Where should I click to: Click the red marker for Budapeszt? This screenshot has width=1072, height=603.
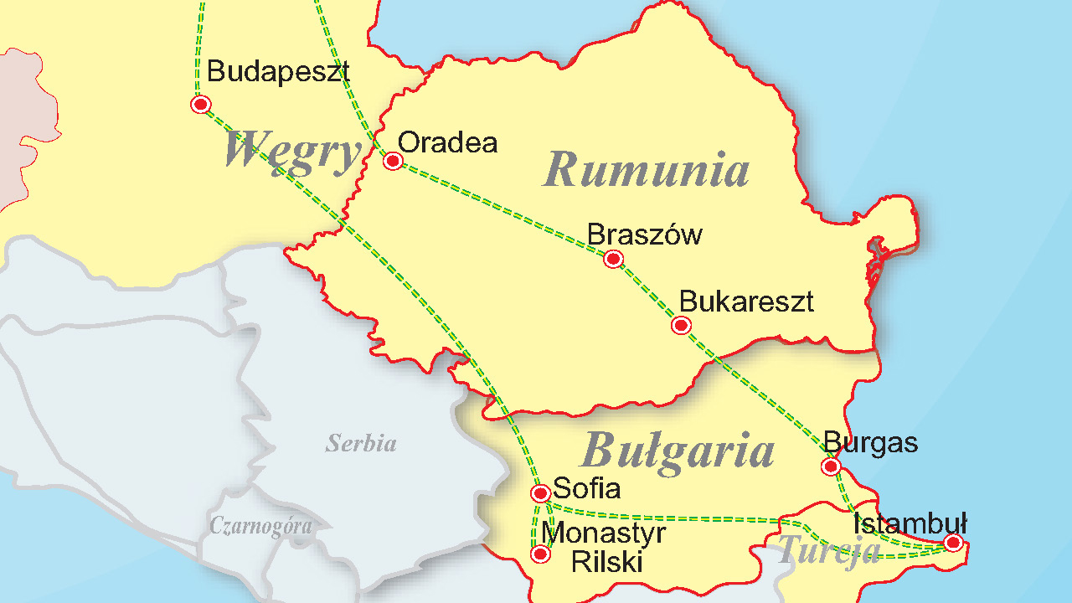pyautogui.click(x=200, y=105)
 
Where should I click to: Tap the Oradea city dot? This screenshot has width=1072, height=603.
pyautogui.click(x=393, y=161)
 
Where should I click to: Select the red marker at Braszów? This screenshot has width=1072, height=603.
pyautogui.click(x=614, y=259)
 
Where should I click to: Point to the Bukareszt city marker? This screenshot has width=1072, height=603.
pyautogui.click(x=681, y=325)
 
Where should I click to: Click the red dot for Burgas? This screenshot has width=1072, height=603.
pyautogui.click(x=831, y=466)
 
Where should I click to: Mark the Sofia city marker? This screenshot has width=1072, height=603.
pyautogui.click(x=541, y=493)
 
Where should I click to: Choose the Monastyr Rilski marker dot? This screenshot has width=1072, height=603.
pyautogui.click(x=541, y=554)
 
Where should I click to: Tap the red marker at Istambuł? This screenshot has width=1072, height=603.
pyautogui.click(x=952, y=543)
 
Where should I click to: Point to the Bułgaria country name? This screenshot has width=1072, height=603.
pyautogui.click(x=677, y=450)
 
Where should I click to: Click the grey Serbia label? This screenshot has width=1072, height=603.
pyautogui.click(x=361, y=443)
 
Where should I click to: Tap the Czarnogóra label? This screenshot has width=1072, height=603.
pyautogui.click(x=260, y=526)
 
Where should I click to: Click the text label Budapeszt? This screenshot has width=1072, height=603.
pyautogui.click(x=278, y=72)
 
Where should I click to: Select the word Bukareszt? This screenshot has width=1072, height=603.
pyautogui.click(x=746, y=301)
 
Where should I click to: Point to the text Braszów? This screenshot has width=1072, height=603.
pyautogui.click(x=644, y=234)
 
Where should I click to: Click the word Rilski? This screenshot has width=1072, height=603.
pyautogui.click(x=606, y=562)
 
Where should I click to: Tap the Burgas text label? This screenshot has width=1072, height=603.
pyautogui.click(x=870, y=442)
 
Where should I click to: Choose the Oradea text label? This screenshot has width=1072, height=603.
pyautogui.click(x=447, y=142)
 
